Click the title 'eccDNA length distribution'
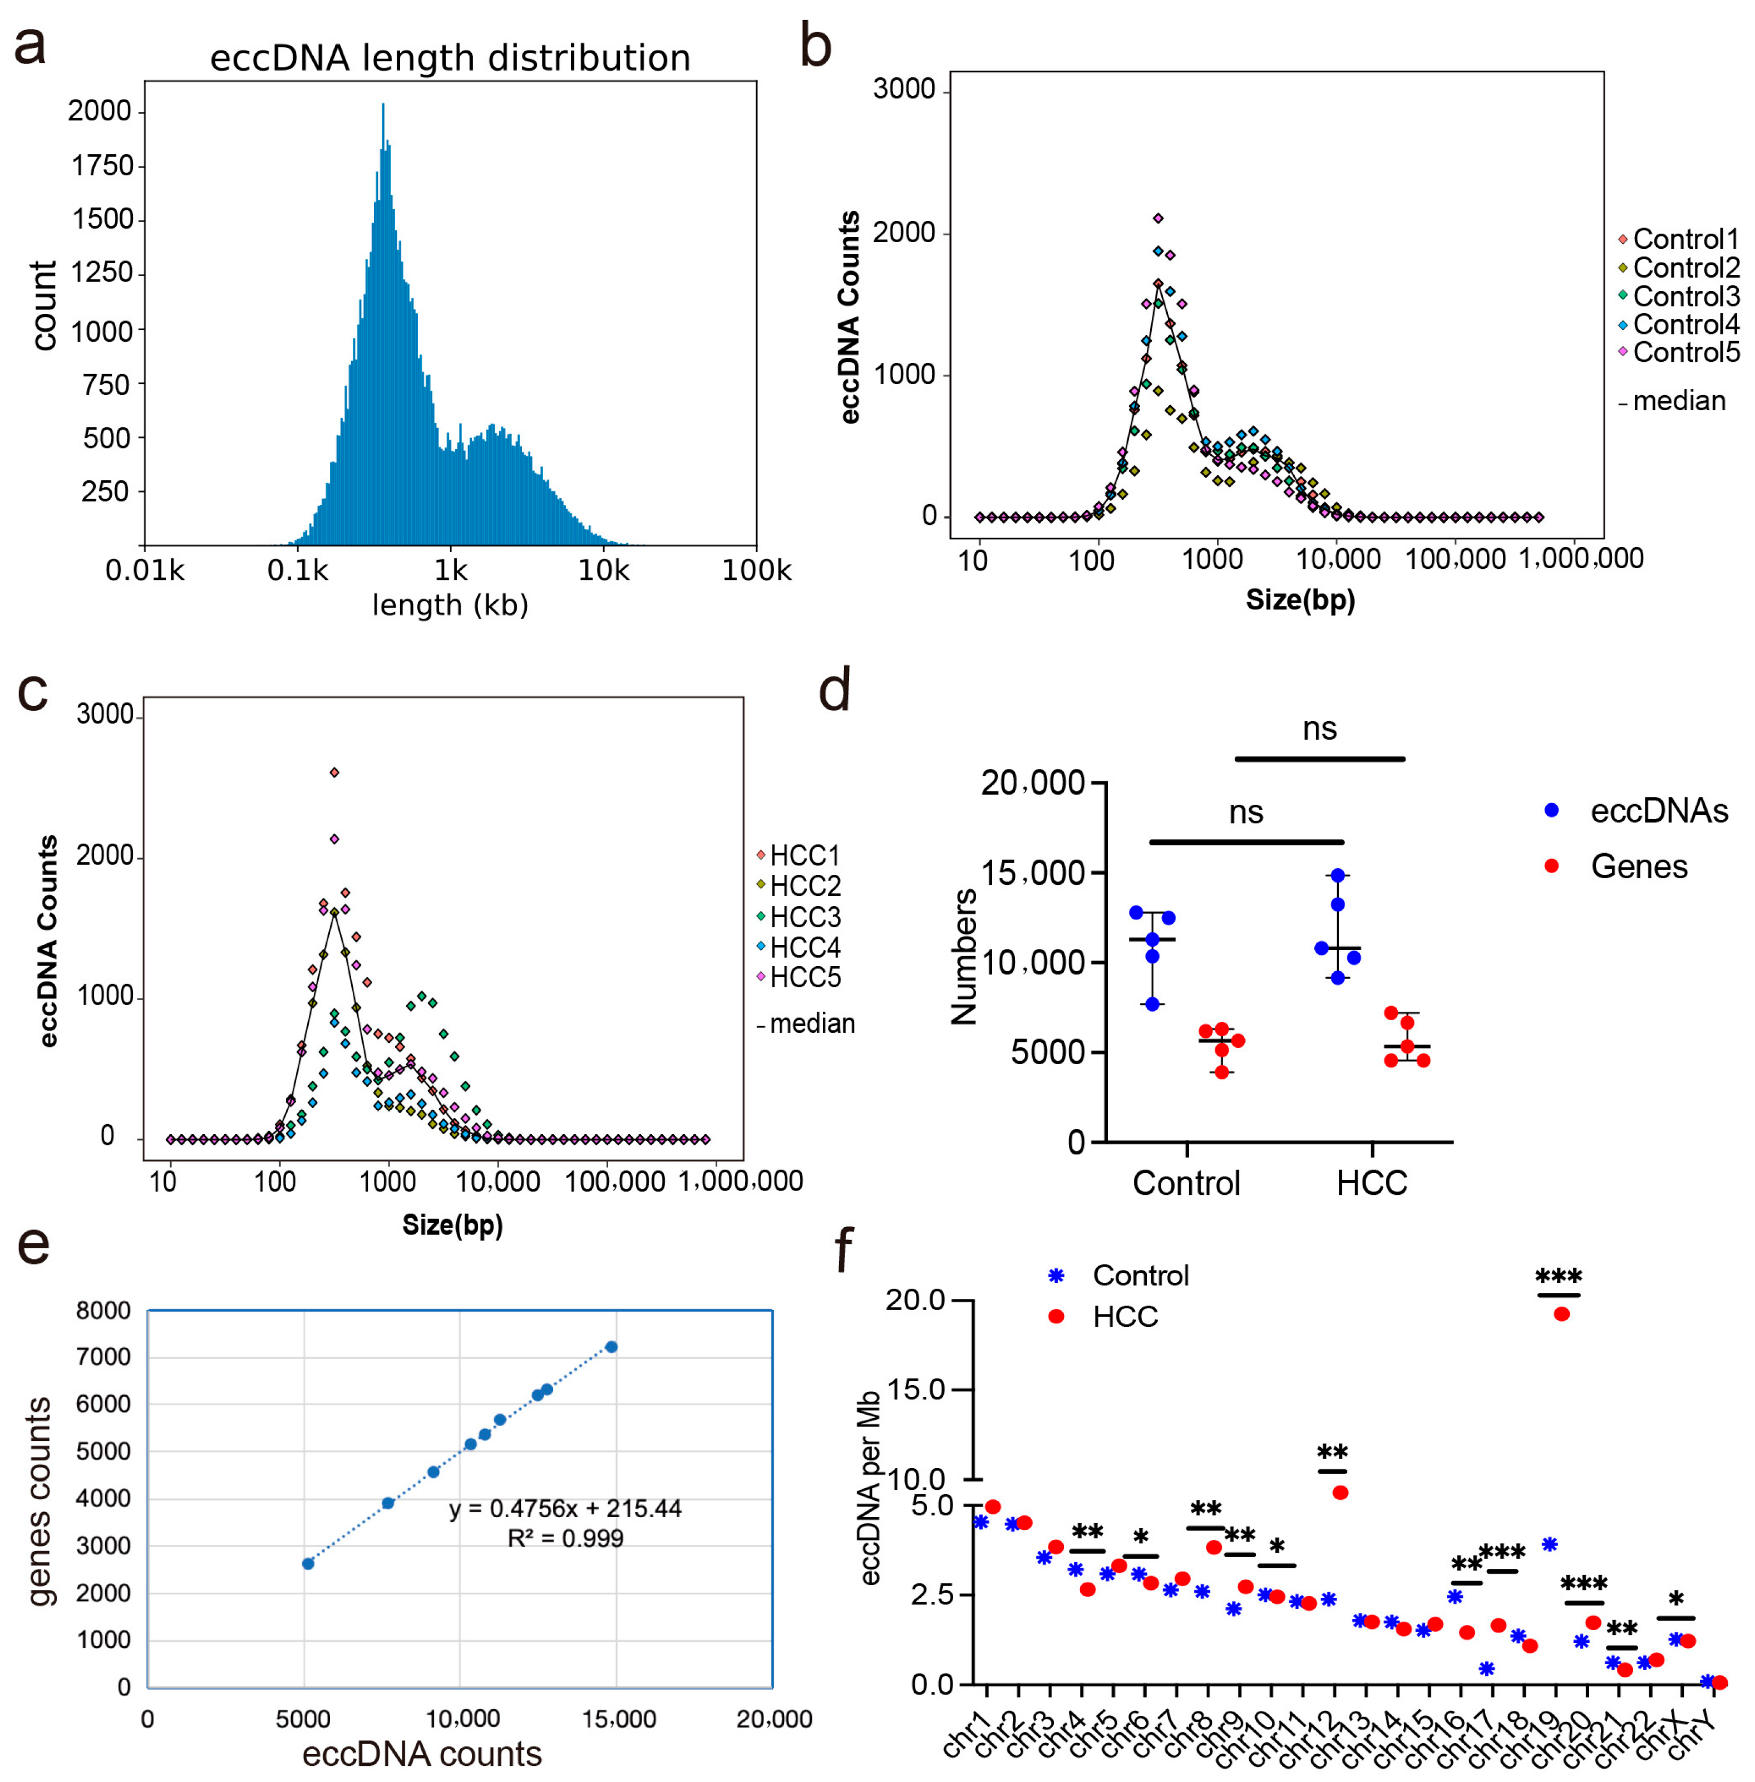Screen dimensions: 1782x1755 coord(450,58)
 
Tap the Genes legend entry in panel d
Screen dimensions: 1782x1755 coord(1638,867)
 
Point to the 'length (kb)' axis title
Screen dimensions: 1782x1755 coord(450,605)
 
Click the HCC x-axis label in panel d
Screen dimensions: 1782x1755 coord(1372,1183)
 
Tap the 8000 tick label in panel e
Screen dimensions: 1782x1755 coord(103,1310)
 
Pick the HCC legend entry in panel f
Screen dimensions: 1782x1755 coord(1125,1316)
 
